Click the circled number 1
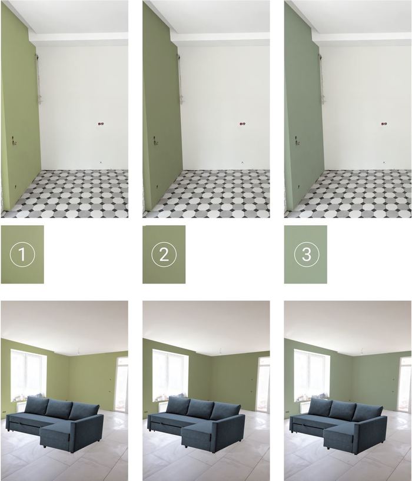point(22,254)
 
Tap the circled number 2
point(164,254)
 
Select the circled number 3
point(307,254)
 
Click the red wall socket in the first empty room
point(101,124)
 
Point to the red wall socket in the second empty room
point(242,124)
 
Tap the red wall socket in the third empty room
point(384,124)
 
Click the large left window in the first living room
point(28,375)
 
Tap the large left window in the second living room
point(170,375)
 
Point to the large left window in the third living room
point(311,375)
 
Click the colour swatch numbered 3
point(305,254)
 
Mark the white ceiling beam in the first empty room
point(79,38)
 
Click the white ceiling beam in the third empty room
point(362,38)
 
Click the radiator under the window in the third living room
point(306,407)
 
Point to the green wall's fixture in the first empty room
point(13,140)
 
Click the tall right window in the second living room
point(264,384)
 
